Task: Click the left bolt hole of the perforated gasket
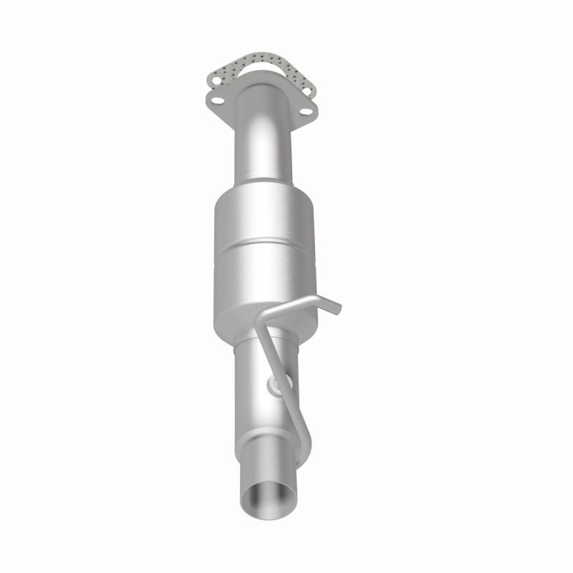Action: click(216, 81)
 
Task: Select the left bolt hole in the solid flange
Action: click(218, 101)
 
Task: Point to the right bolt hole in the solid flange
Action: click(305, 111)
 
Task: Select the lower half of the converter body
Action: click(266, 276)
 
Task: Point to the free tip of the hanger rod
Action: click(339, 309)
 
